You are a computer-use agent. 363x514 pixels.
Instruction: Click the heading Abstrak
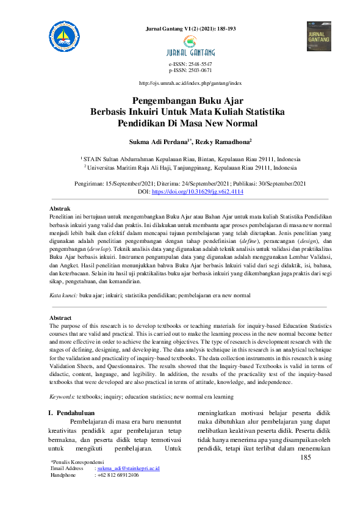[60, 209]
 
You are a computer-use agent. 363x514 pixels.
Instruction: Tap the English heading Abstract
[60, 318]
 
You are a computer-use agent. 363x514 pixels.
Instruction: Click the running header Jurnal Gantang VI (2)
[189, 28]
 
